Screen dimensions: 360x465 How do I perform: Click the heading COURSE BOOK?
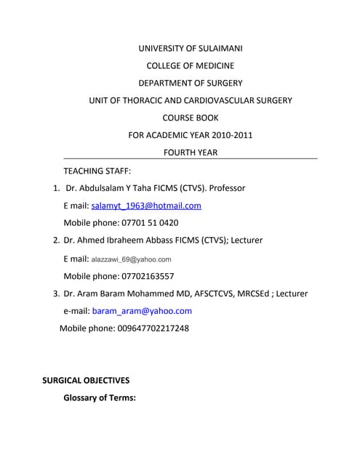191,118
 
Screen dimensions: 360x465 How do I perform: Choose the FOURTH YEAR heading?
191,153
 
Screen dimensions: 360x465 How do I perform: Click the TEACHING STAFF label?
97,171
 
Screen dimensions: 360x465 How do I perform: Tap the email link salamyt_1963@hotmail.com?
146,206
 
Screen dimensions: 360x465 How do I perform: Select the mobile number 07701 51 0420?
148,223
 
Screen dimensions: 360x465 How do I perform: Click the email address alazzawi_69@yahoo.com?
131,259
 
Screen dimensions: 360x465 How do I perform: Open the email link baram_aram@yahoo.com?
142,311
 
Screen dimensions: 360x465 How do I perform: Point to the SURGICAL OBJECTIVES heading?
86,381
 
